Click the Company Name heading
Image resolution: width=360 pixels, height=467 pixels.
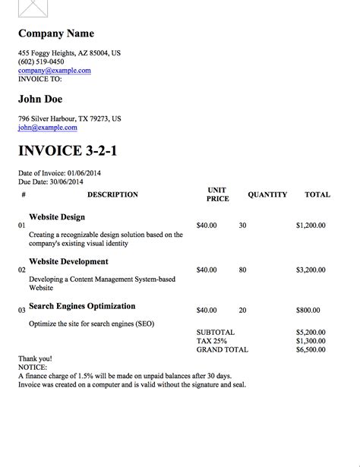coord(56,33)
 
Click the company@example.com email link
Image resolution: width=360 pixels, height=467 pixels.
coord(55,71)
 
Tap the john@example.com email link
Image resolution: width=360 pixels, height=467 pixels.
coord(48,128)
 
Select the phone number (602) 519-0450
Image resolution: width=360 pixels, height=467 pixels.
coord(41,62)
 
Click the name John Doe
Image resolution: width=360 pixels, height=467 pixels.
coord(40,99)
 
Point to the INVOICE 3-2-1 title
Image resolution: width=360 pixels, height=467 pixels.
coord(68,150)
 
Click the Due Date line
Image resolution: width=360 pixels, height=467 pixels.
coord(52,182)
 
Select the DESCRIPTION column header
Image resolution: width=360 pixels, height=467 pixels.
coord(112,194)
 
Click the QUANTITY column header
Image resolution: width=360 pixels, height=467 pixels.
coord(267,194)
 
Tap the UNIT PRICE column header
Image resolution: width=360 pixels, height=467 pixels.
coord(217,194)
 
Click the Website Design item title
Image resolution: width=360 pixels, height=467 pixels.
coord(57,216)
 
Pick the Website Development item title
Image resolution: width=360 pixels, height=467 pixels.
coord(68,261)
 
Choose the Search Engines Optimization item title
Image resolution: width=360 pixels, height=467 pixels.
coord(82,306)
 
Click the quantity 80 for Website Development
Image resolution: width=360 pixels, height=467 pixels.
coord(242,270)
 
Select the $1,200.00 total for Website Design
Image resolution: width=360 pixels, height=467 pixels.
coord(311,226)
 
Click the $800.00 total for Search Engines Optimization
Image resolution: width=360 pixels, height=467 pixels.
coord(308,310)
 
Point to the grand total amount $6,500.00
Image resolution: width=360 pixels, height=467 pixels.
coord(311,350)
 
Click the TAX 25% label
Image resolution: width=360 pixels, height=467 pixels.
coord(211,341)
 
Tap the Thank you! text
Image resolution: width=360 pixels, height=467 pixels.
coord(35,358)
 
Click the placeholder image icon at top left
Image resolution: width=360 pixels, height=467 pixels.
coord(33,9)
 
